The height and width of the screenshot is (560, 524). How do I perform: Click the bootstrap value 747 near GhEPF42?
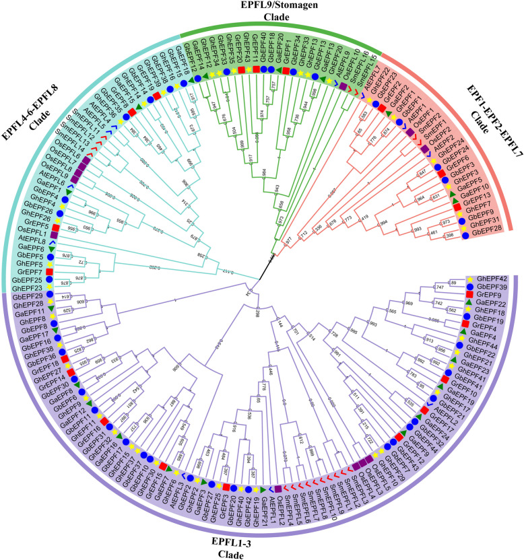(x=439, y=287)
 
